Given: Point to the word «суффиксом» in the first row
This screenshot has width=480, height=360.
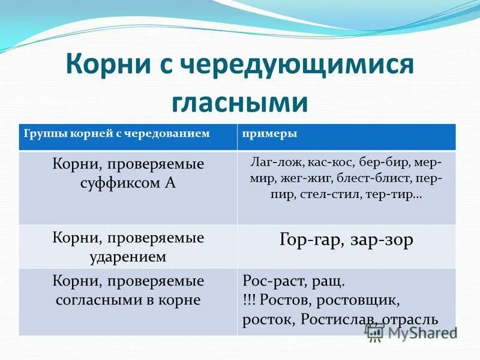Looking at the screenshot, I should click(116, 184).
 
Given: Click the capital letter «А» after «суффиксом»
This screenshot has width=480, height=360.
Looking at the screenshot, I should click(169, 183).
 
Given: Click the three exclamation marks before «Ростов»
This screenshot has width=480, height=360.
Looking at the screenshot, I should click(251, 300).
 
